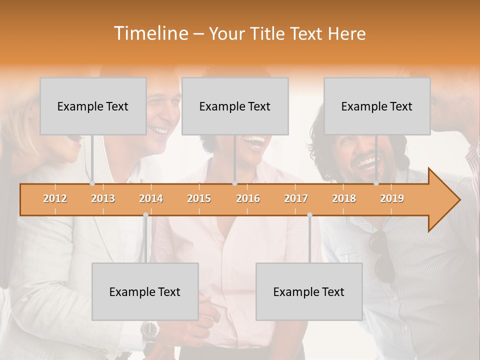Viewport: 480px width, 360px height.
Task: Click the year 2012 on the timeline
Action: (55, 199)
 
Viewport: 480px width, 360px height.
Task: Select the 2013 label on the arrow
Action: (103, 199)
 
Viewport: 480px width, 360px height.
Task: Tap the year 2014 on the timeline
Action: (151, 199)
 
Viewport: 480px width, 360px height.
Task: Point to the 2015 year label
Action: (199, 199)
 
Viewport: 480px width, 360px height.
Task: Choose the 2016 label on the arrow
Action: (248, 199)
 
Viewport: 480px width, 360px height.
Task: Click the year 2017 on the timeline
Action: (296, 199)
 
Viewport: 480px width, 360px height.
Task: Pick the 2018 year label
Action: (344, 199)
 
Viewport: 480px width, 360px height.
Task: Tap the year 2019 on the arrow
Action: (392, 199)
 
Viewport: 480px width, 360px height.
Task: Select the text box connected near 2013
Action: (93, 106)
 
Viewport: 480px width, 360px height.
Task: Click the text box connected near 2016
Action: (235, 106)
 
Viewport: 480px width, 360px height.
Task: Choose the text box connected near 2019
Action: (377, 106)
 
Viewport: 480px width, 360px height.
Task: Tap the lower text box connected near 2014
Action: (145, 291)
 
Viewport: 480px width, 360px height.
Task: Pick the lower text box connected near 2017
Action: (309, 291)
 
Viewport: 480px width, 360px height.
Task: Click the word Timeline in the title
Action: (149, 33)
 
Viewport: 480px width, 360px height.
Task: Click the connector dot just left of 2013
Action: (92, 183)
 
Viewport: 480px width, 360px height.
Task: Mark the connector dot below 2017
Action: (309, 214)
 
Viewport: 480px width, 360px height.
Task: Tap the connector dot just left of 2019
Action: (376, 183)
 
